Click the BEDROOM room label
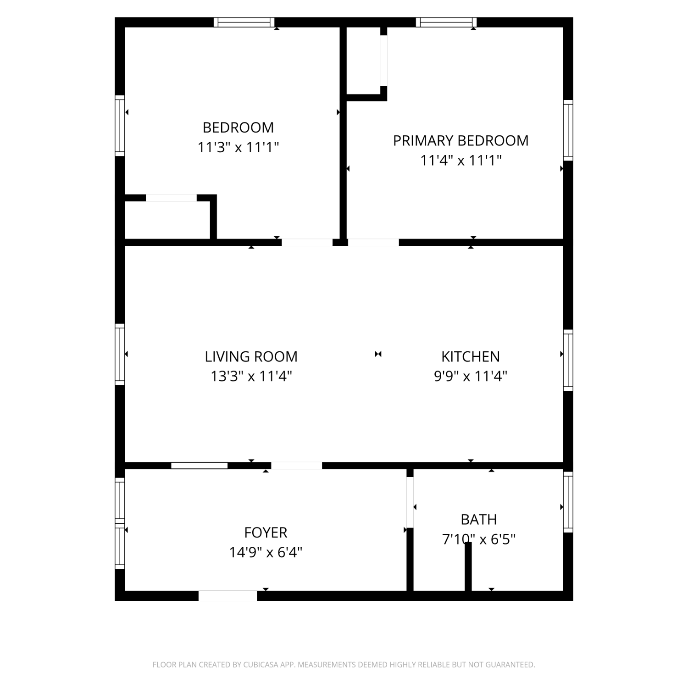[x=238, y=127]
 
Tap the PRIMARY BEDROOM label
[x=461, y=140]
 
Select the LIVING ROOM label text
[x=251, y=356]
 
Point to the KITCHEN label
[x=471, y=356]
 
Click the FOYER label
[x=266, y=533]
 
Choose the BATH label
[x=479, y=520]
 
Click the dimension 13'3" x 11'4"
[x=251, y=377]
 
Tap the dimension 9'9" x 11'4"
[x=471, y=377]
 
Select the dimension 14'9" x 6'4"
[x=266, y=552]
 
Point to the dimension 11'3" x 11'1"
[x=238, y=147]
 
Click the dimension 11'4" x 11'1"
[x=461, y=161]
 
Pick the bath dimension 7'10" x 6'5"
[x=479, y=539]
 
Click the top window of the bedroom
[x=244, y=22]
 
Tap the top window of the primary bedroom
[x=446, y=22]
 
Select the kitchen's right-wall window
[x=568, y=360]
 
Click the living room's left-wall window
[x=120, y=354]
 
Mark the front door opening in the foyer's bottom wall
[x=227, y=596]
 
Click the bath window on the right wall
[x=568, y=502]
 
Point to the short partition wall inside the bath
[x=468, y=567]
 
